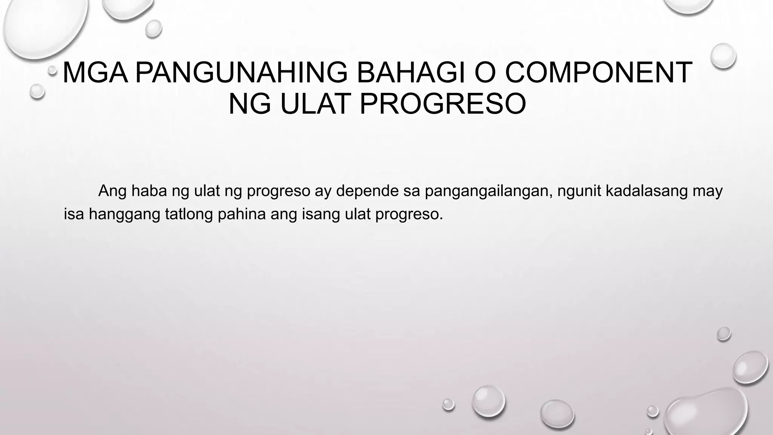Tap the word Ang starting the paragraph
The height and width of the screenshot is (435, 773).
coord(112,191)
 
